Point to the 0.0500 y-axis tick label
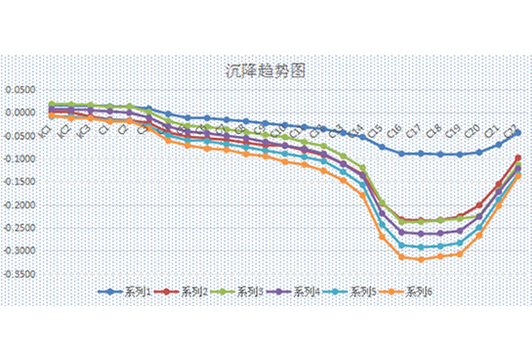[x=23, y=89]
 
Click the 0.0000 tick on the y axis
[x=23, y=112]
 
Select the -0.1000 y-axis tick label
[x=21, y=158]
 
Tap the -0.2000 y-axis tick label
[x=21, y=205]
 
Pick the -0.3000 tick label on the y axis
[x=21, y=250]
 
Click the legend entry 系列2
[x=183, y=292]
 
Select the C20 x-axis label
[x=473, y=130]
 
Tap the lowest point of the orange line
[x=421, y=259]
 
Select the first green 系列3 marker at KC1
[x=52, y=105]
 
